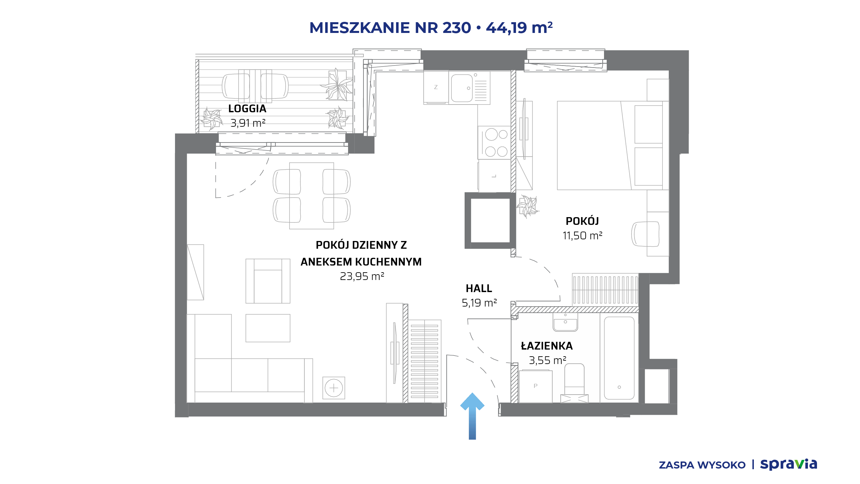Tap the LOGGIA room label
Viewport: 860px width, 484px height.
pos(247,109)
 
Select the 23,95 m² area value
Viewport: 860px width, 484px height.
pos(362,276)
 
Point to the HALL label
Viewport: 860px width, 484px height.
pos(479,288)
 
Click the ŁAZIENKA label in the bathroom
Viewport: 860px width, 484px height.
pos(547,346)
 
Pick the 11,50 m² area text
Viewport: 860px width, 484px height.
pos(583,236)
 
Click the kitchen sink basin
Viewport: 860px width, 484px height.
pos(462,88)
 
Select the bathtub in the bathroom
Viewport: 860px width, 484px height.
pos(619,358)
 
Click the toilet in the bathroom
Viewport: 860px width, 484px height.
pos(574,383)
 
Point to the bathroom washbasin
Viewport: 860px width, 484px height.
pos(565,322)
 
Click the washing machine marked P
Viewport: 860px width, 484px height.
pos(535,386)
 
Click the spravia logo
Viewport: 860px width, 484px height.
pos(788,465)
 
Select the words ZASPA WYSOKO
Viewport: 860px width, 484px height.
pos(702,465)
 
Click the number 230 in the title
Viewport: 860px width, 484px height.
pos(457,28)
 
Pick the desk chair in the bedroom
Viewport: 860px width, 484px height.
pos(645,234)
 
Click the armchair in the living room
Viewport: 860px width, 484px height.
pos(268,281)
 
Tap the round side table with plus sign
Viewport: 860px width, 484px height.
pos(334,388)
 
